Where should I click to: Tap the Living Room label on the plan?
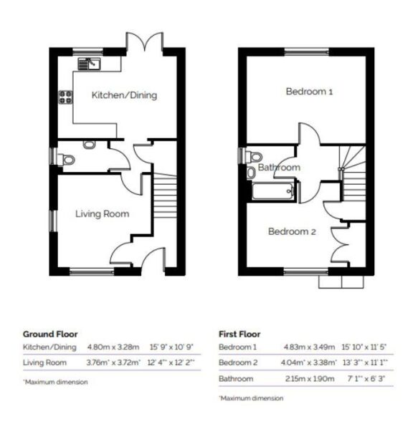pyautogui.click(x=103, y=213)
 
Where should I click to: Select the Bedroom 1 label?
pyautogui.click(x=310, y=92)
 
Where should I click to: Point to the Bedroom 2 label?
pyautogui.click(x=292, y=231)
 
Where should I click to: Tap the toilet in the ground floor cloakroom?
pyautogui.click(x=89, y=145)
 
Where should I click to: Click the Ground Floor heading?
pyautogui.click(x=50, y=334)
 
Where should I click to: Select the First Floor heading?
pyautogui.click(x=240, y=334)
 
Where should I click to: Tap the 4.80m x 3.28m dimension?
pyautogui.click(x=113, y=347)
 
